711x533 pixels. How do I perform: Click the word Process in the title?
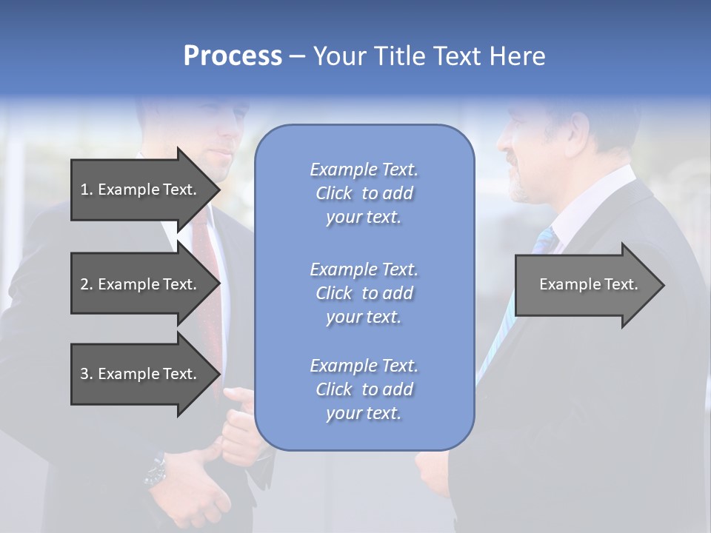point(233,56)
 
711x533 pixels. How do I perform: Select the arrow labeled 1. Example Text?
point(138,190)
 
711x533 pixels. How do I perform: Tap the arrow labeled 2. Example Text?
point(138,284)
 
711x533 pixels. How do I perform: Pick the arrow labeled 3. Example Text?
point(138,374)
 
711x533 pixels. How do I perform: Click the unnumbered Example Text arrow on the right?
point(588,284)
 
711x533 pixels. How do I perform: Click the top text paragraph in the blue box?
point(364,193)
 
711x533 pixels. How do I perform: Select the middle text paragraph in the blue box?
point(364,293)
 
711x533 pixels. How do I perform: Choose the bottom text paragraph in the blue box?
point(364,389)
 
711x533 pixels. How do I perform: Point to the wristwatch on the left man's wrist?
point(156,470)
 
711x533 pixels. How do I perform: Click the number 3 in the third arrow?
point(84,374)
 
